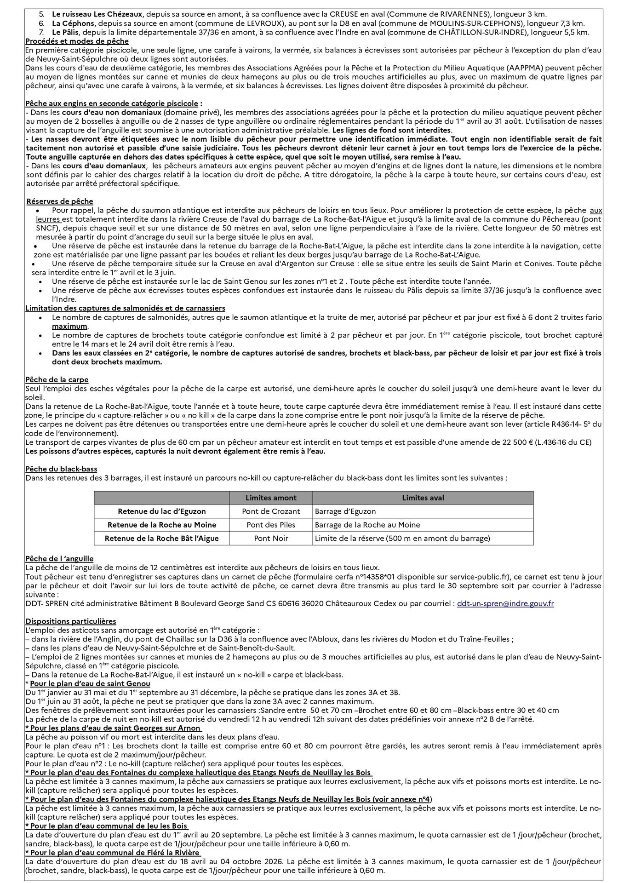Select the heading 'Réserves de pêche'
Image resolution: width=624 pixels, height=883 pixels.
[60, 201]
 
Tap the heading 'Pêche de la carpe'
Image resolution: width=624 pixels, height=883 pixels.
[57, 379]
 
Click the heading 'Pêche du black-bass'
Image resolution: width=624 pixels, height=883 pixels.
[61, 469]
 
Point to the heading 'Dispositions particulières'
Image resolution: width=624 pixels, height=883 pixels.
[71, 621]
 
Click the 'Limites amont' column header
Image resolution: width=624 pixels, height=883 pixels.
[271, 498]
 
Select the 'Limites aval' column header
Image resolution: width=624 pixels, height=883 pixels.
[423, 498]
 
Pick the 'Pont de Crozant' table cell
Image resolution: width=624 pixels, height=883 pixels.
[271, 511]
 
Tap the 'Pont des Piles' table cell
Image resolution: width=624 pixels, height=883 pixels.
[271, 525]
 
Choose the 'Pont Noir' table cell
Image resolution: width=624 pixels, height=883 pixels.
[271, 538]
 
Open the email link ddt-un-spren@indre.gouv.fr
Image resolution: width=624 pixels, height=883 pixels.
[505, 603]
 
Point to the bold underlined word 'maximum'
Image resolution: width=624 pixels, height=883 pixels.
[69, 326]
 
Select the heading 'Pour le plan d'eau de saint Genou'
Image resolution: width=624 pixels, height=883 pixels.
[90, 684]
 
